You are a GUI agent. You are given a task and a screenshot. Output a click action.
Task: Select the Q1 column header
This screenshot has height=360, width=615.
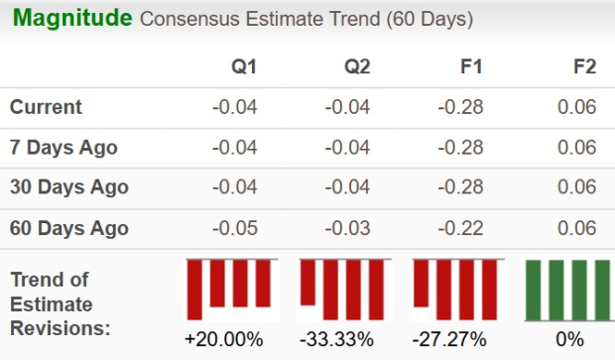(244, 67)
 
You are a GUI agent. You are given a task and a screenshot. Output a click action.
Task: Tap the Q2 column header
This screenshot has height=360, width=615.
(357, 67)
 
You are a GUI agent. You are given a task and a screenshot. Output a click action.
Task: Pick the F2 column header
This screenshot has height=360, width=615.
(584, 67)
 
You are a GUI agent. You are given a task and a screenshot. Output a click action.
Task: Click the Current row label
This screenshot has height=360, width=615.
(47, 107)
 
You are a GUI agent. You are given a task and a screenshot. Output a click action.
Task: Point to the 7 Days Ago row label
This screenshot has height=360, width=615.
(63, 147)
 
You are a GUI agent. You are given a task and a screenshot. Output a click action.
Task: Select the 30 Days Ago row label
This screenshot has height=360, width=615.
(68, 186)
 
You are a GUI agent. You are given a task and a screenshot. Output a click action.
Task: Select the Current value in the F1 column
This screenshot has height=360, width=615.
(460, 107)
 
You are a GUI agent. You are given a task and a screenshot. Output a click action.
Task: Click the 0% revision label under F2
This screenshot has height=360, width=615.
(570, 339)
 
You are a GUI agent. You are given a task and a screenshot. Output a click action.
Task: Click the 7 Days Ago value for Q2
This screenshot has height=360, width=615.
(348, 147)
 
